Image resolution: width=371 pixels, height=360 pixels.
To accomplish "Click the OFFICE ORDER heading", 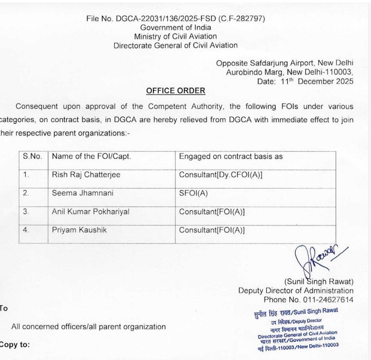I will tap(175, 91).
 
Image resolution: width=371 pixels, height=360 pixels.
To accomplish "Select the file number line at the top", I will tap(175, 18).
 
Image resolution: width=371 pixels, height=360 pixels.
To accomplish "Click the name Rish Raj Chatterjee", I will tap(86, 175).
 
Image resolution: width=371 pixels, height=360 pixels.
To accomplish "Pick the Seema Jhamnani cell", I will tap(82, 193).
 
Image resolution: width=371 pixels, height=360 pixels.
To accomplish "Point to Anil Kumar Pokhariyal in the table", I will tap(90, 211).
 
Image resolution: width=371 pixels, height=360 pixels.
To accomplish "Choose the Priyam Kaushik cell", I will tap(79, 230).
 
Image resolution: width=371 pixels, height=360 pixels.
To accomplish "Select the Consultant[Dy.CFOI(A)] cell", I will tap(221, 175).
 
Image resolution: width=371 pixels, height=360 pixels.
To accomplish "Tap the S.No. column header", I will tap(32, 156).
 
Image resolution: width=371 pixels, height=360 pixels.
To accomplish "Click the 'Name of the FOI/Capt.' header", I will tap(91, 156).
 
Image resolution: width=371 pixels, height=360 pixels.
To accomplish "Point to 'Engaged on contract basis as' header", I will tap(231, 156).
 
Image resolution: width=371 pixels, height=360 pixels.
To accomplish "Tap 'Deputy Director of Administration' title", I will tap(296, 291).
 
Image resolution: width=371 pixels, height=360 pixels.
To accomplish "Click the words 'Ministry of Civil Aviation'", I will tap(175, 36).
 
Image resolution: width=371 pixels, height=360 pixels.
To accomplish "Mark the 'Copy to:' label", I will tap(15, 344).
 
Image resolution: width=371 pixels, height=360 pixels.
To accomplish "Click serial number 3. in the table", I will tap(26, 211).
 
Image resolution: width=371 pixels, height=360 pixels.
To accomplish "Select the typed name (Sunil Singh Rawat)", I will tap(319, 281).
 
